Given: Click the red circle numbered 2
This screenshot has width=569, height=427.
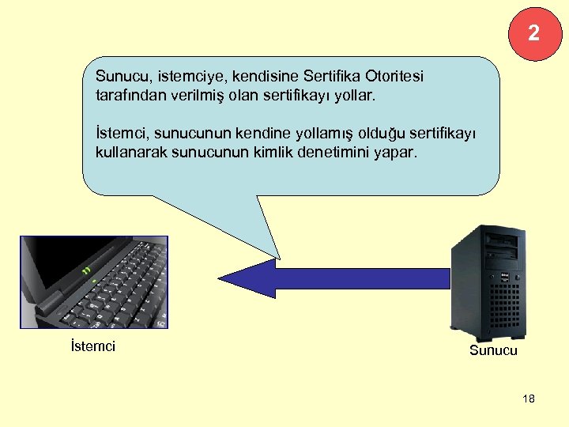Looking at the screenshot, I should click(535, 32).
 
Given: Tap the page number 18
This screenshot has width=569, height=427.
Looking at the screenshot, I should click(529, 399).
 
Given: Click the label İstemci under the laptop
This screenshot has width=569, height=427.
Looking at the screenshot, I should click(92, 346).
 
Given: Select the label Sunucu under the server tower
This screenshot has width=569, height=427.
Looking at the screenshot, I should click(493, 350).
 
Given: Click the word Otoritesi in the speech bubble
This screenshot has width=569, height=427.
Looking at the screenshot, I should click(395, 77).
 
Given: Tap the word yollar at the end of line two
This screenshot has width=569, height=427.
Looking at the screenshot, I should click(359, 96).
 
